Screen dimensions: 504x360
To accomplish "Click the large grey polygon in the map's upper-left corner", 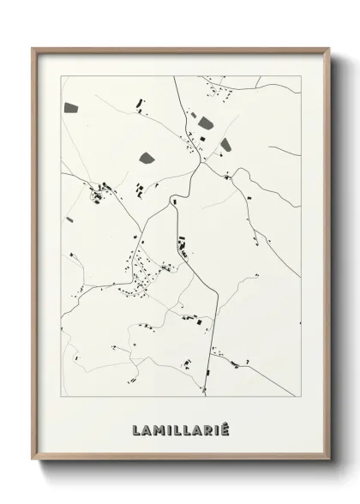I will [70, 109].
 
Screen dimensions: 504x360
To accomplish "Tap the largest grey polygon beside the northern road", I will [206, 123].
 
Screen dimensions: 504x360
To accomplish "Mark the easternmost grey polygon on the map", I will [225, 144].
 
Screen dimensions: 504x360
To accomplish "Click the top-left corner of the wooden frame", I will [33, 48].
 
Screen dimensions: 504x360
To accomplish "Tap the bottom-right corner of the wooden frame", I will [329, 462].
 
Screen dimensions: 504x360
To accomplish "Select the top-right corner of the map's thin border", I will [301, 76].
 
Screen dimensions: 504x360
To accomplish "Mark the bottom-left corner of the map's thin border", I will [61, 396].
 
